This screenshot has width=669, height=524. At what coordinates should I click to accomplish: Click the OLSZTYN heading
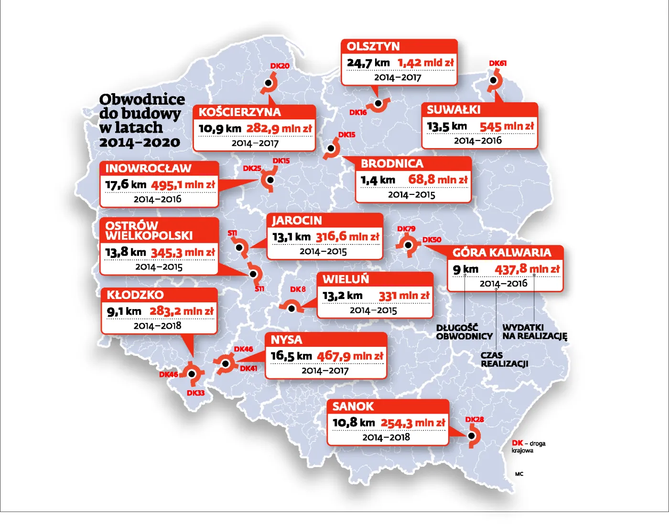(x=373, y=46)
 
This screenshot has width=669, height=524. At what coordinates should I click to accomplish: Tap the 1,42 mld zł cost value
(x=425, y=63)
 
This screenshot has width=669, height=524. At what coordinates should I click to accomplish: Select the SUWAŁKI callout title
(x=453, y=110)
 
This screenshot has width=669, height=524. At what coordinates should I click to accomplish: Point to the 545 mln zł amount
(x=506, y=127)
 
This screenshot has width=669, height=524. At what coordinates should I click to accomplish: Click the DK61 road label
(x=497, y=63)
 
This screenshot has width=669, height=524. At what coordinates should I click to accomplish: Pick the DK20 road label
(x=280, y=66)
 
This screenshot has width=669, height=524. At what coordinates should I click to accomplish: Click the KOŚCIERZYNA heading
(x=239, y=112)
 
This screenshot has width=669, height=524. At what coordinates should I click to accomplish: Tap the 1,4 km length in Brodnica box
(x=378, y=180)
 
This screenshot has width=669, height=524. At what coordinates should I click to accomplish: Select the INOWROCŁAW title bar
(x=148, y=169)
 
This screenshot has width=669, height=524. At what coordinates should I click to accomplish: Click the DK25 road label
(x=252, y=168)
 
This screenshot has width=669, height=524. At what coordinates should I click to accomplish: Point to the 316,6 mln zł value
(x=347, y=237)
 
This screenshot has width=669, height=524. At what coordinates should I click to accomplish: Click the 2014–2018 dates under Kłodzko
(x=157, y=326)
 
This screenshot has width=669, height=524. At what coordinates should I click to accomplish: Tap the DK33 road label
(x=195, y=393)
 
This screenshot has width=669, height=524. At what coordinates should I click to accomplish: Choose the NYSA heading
(x=286, y=340)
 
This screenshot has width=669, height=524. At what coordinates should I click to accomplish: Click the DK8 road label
(x=297, y=289)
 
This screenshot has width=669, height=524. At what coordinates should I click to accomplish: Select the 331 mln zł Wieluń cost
(x=404, y=296)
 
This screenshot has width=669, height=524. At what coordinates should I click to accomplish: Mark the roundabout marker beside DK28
(x=472, y=436)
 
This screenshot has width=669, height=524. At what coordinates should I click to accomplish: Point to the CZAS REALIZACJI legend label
(x=504, y=360)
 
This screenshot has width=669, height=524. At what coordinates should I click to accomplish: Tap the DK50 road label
(x=432, y=240)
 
